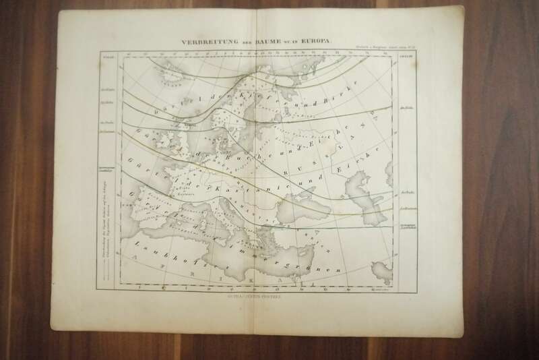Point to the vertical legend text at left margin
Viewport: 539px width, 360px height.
[104, 222]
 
